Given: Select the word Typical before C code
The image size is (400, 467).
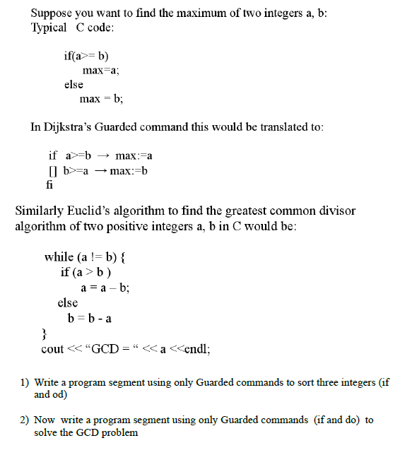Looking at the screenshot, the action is tap(49, 28).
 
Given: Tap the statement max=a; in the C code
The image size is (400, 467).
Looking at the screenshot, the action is tap(100, 71).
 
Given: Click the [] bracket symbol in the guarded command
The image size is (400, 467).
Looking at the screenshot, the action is tap(52, 170).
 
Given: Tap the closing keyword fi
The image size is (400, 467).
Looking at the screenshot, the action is tap(49, 184).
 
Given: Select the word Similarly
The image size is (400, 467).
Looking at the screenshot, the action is tap(42, 211).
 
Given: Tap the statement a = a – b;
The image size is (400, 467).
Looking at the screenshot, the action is tap(105, 288).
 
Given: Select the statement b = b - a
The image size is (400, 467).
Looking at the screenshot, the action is tap(88, 318).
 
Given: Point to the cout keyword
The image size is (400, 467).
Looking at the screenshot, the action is tap(52, 349).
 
